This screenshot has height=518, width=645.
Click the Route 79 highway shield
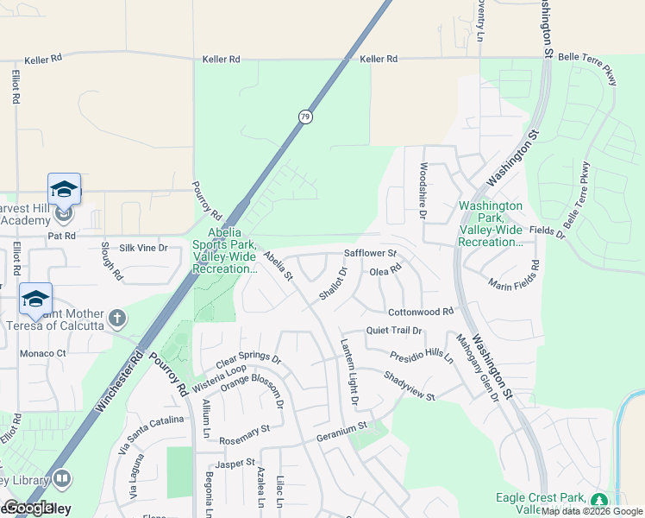(x=305, y=117)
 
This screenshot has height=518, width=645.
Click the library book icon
(x=61, y=478)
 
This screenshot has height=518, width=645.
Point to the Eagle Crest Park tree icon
(x=598, y=501)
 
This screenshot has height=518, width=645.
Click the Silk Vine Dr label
(x=143, y=248)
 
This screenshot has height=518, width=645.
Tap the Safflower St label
(x=369, y=254)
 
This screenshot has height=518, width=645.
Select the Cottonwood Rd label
(x=421, y=312)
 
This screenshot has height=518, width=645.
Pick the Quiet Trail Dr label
(x=394, y=331)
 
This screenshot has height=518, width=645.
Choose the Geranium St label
(x=341, y=426)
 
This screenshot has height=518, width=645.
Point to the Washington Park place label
(x=491, y=224)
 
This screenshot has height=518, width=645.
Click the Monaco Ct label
(x=44, y=354)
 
